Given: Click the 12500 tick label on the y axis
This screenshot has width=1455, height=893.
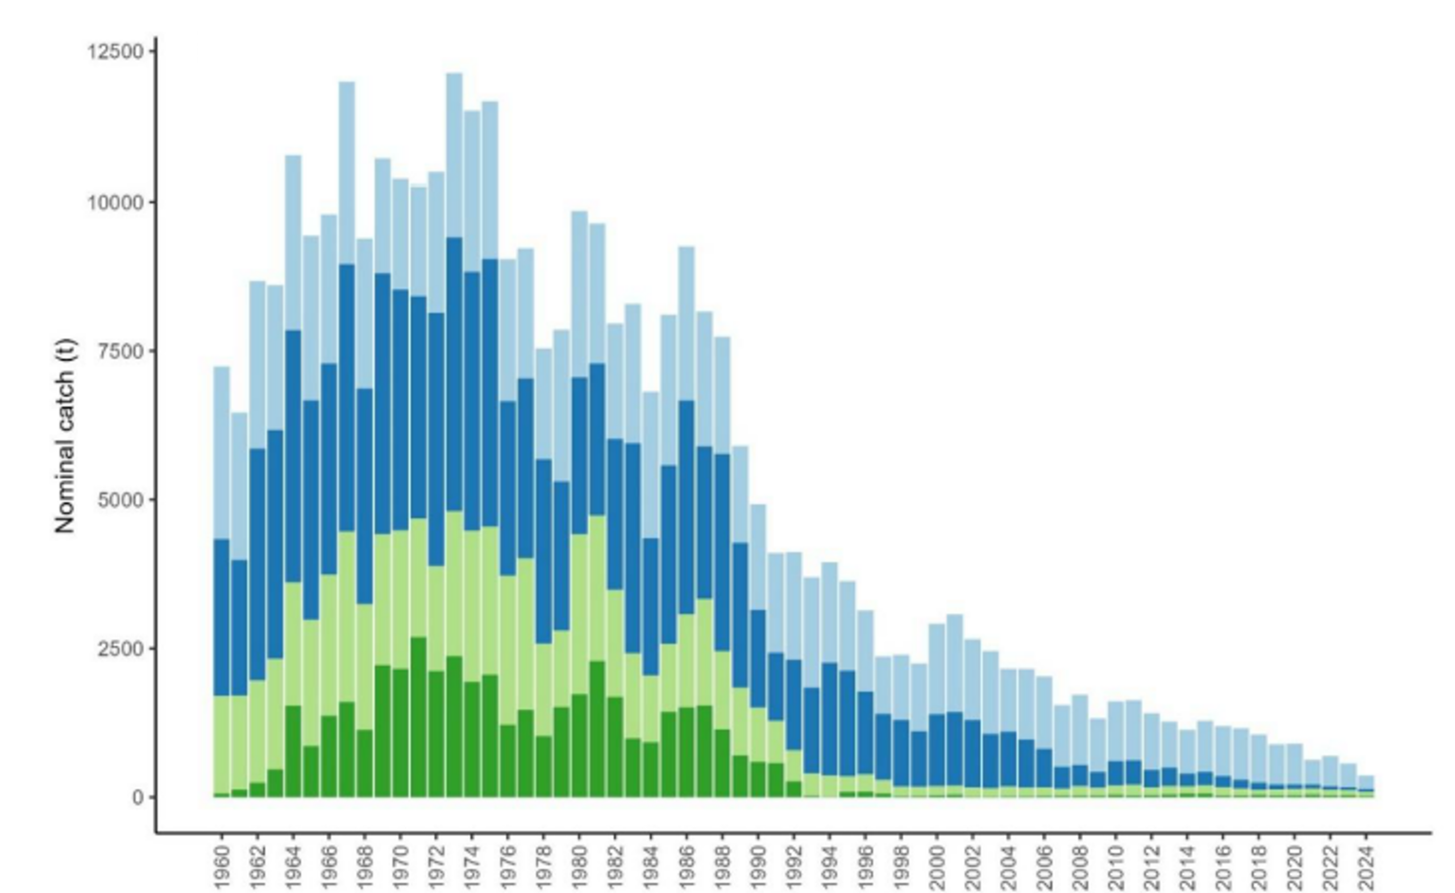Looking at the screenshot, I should tap(116, 52).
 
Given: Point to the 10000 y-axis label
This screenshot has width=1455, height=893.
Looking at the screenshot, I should tap(116, 202).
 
